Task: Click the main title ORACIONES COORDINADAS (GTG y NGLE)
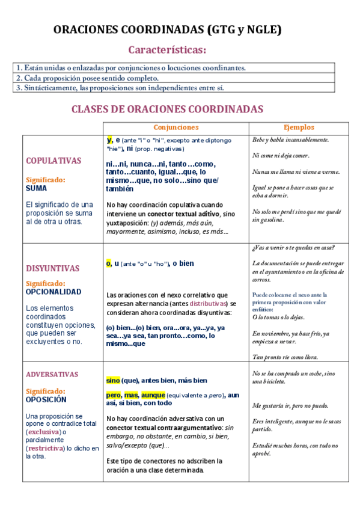point(168,29)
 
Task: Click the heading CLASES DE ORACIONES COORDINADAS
point(168,109)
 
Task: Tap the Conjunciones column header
point(175,127)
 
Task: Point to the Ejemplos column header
point(299,127)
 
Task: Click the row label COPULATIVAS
point(53,161)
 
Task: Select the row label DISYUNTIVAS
point(53,268)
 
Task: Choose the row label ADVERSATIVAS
point(52,374)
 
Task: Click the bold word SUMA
point(36,188)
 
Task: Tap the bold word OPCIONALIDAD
point(53,292)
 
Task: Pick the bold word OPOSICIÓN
point(46,399)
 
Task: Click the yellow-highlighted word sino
point(113,381)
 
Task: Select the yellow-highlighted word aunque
point(153,395)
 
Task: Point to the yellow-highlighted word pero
point(114,395)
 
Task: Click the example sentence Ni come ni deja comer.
point(281,156)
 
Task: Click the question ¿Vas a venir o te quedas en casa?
point(294,248)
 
